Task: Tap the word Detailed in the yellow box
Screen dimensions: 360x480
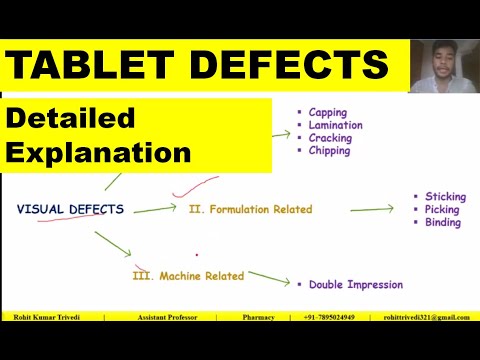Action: [71, 118]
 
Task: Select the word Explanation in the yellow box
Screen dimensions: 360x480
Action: [99, 153]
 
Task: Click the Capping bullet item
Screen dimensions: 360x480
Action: [328, 112]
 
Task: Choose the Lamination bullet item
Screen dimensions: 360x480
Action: [335, 125]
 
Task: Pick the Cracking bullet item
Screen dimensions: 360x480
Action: [330, 138]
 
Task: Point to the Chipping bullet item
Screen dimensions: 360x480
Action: [329, 151]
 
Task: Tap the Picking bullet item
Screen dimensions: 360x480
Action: [441, 210]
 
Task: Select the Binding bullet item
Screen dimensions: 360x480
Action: [442, 223]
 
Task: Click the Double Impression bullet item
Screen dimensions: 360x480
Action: [355, 284]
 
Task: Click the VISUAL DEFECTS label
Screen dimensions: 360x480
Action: [70, 209]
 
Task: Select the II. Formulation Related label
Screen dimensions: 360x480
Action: [250, 209]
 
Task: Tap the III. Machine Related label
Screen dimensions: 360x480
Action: [189, 274]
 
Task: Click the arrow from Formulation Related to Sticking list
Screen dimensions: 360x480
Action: [372, 209]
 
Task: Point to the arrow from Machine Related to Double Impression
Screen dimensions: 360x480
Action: [270, 278]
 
